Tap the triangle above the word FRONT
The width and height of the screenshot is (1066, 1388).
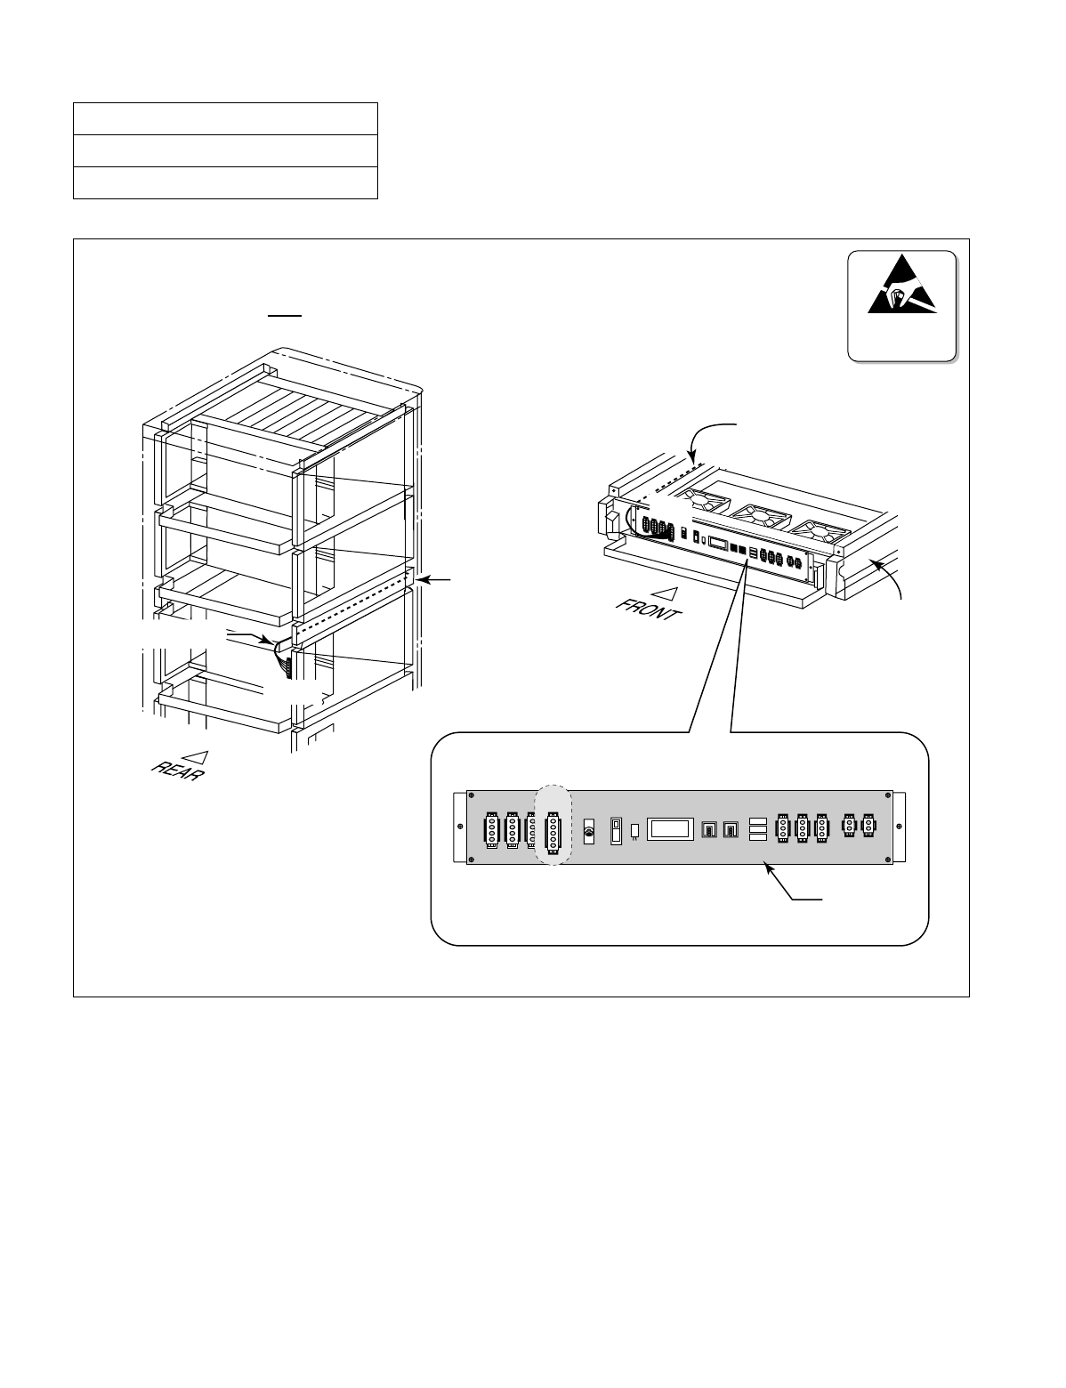click(660, 591)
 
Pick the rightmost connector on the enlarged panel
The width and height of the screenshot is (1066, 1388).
click(869, 827)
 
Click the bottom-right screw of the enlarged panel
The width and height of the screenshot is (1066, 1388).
click(888, 859)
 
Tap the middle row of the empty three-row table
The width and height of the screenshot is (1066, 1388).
click(225, 149)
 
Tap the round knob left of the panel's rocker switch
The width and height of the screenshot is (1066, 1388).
click(585, 831)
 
